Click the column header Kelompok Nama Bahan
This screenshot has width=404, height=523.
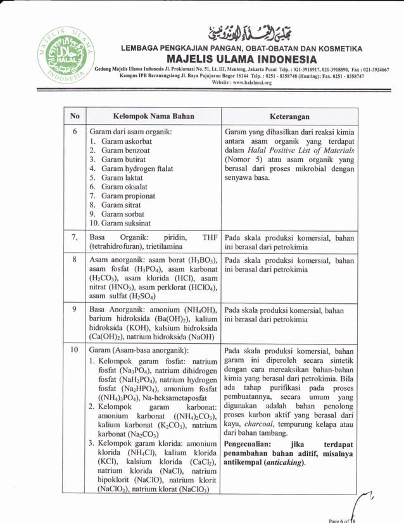coord(153,117)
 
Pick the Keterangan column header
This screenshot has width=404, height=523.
coord(289,117)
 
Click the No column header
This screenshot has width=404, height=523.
coord(75,117)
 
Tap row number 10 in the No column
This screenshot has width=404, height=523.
coord(75,350)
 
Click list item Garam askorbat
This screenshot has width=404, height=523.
coord(126,141)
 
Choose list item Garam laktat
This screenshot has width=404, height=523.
coord(122,178)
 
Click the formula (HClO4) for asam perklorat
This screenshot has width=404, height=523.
coord(201,287)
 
